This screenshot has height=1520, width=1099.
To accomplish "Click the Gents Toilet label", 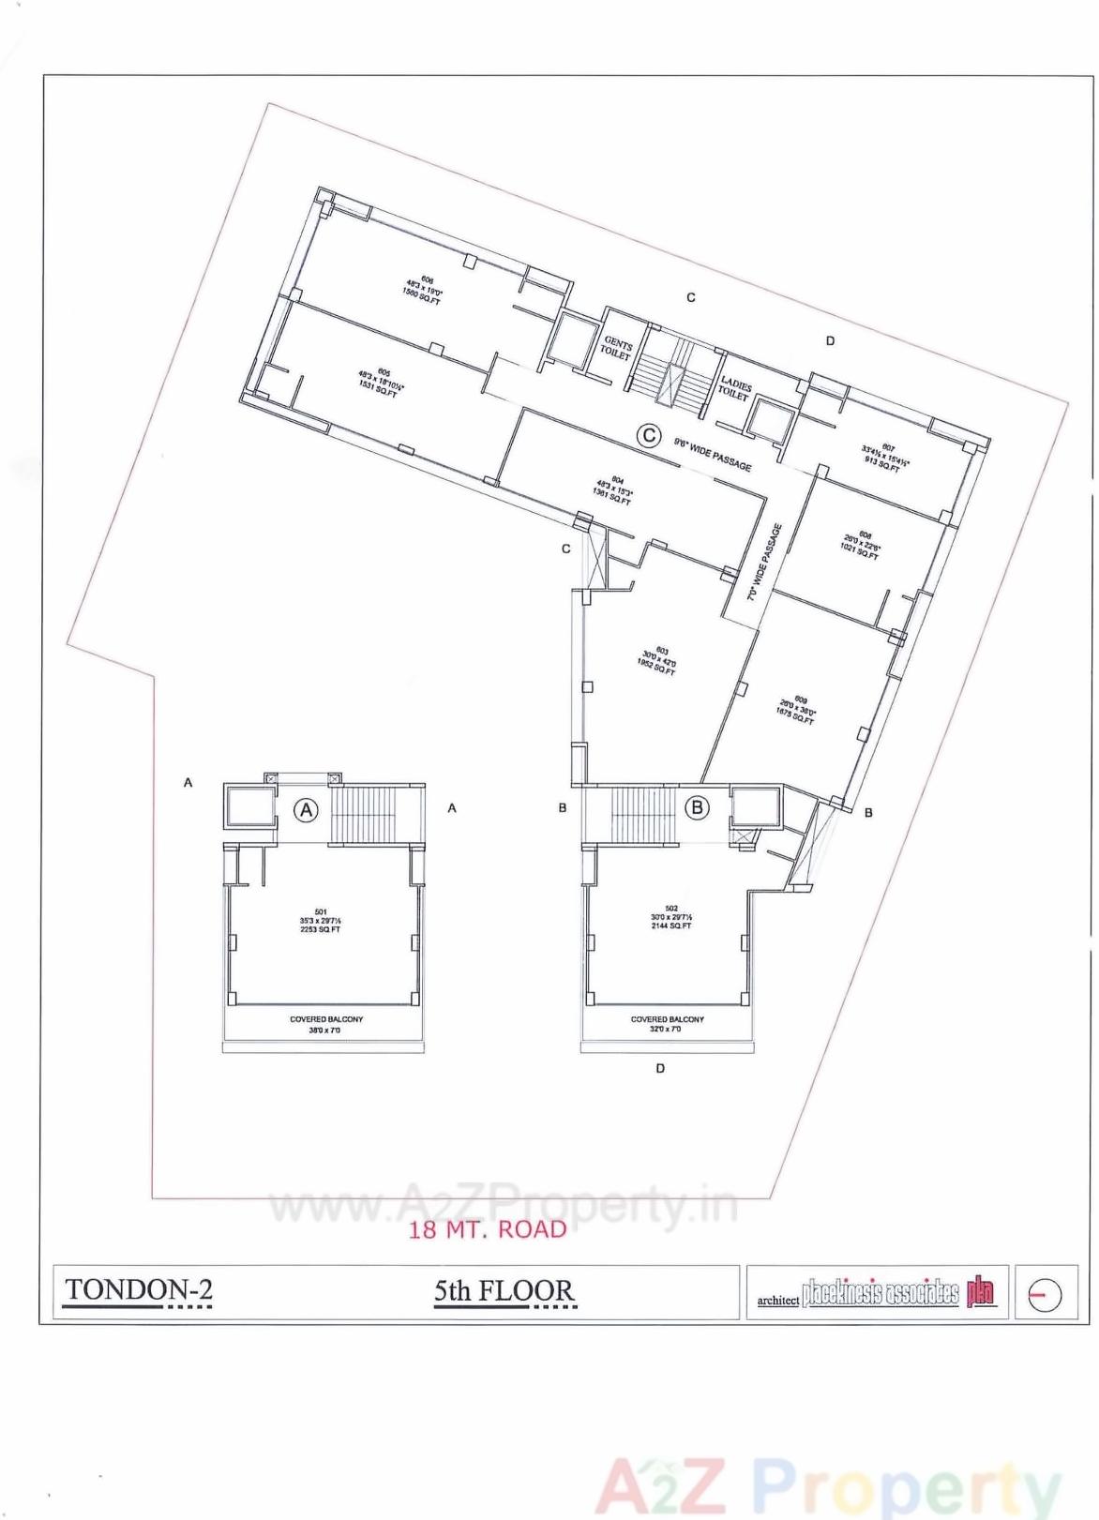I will [x=617, y=349].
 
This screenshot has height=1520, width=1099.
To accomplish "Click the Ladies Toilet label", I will [x=735, y=388].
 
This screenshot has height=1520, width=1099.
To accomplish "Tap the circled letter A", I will [x=307, y=809].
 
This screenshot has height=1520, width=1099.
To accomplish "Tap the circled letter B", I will [x=697, y=806].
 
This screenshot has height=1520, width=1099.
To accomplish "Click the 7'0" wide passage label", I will [x=764, y=562].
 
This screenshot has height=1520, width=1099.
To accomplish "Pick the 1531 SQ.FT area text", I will [x=378, y=393].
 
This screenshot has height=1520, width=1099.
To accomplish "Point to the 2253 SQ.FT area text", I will [x=321, y=929].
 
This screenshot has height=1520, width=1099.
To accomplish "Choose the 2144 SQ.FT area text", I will [x=671, y=926].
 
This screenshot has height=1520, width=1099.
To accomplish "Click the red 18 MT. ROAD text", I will [x=488, y=1229].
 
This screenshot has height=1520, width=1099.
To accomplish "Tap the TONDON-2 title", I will [x=139, y=1290].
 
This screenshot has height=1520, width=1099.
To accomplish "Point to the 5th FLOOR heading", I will [x=504, y=1291].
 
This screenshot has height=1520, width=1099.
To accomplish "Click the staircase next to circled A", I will [x=372, y=814].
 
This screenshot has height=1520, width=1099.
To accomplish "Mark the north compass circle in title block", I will [x=1045, y=1295].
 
